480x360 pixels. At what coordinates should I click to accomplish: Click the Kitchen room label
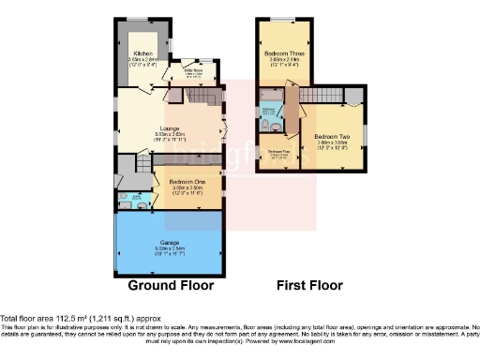click(x=142, y=54)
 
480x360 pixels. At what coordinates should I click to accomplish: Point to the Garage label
click(x=169, y=241)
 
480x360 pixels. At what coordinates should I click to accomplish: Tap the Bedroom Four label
click(x=278, y=151)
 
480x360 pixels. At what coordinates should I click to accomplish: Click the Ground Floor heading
click(x=171, y=285)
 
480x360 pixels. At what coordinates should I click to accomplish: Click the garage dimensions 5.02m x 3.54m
click(x=169, y=250)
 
